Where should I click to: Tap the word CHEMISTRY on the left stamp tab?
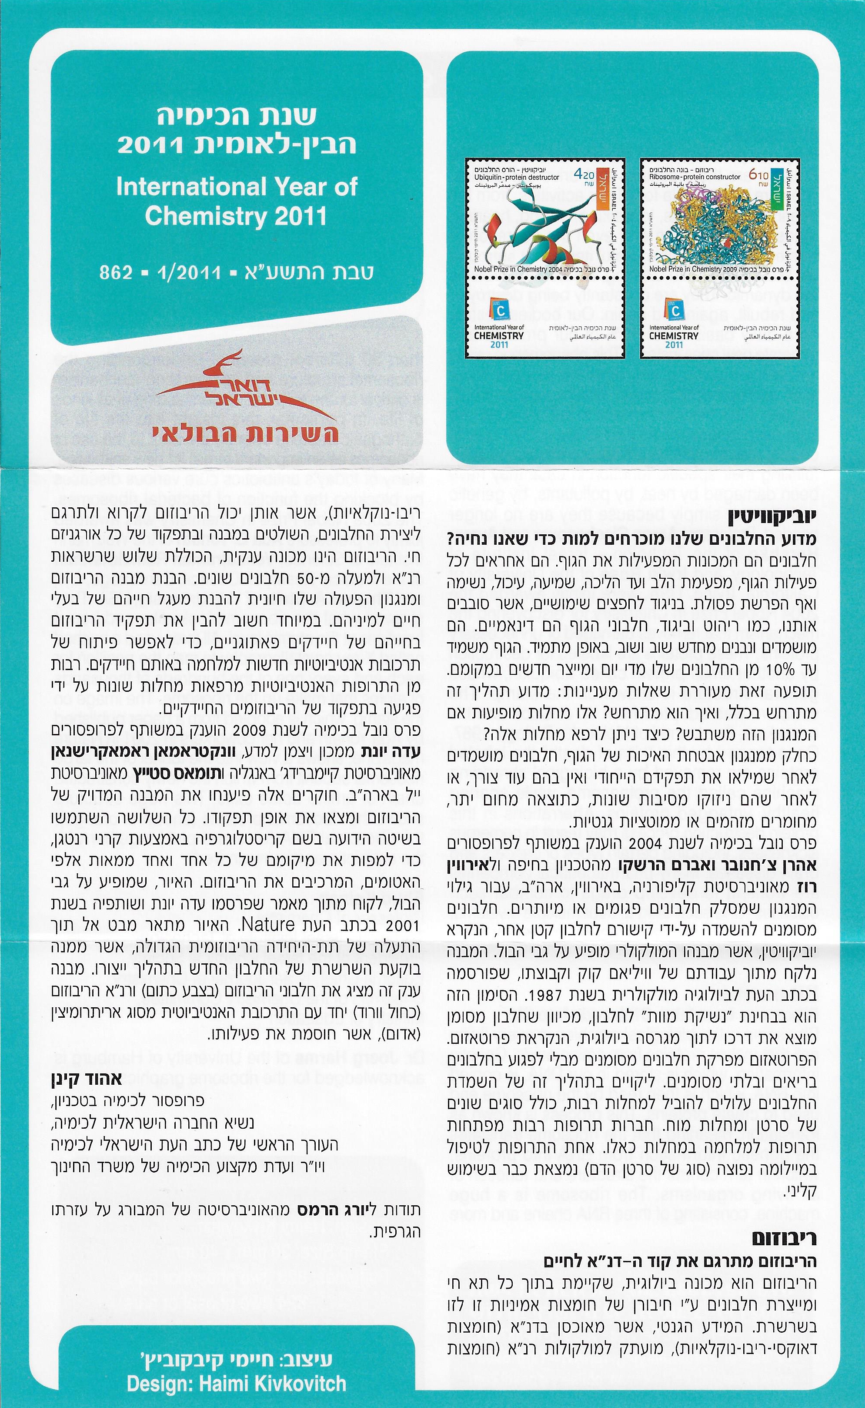(499, 335)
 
